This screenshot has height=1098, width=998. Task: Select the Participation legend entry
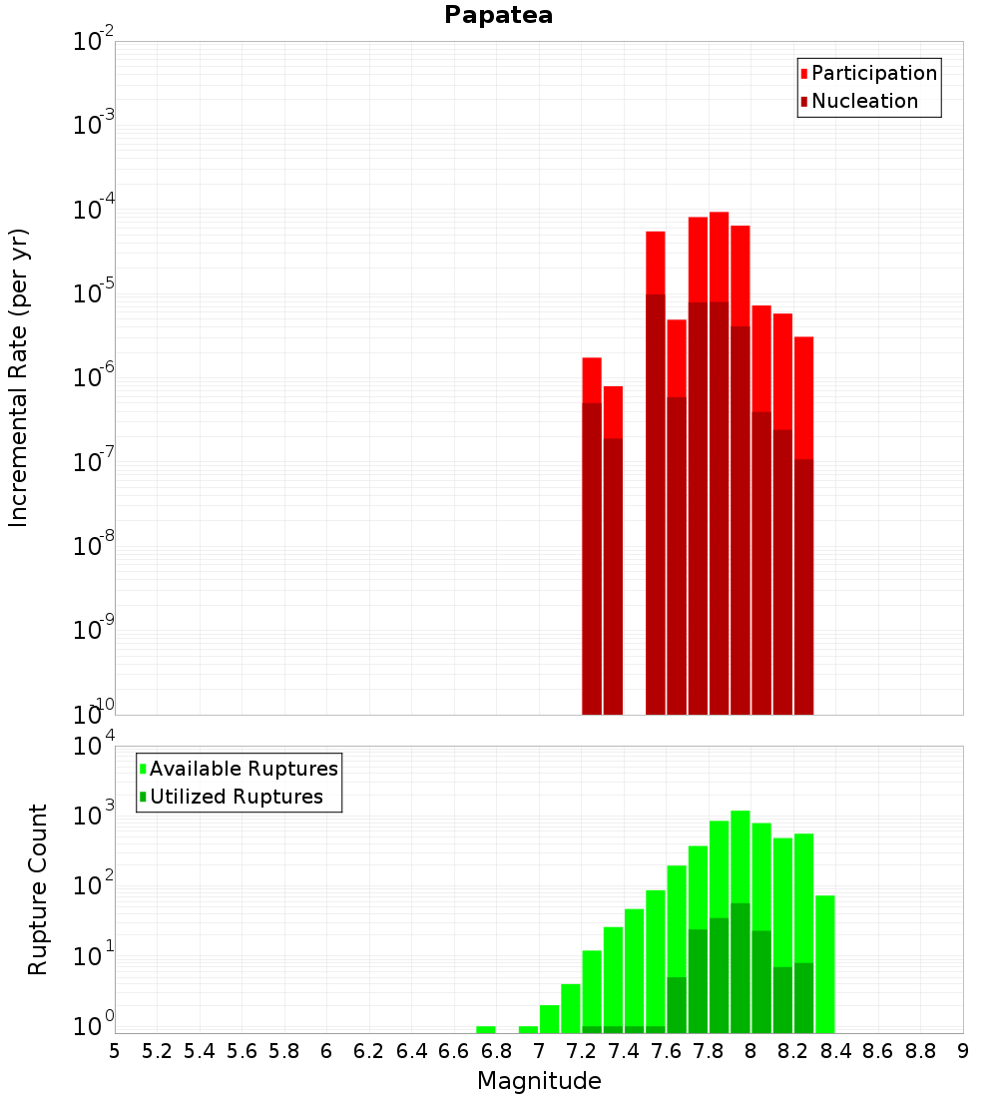point(873,73)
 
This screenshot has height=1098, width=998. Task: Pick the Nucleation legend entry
point(863,101)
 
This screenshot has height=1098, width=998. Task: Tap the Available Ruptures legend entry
point(243,769)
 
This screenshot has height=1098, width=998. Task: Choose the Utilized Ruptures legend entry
point(235,797)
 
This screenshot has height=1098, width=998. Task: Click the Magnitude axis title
point(539,1081)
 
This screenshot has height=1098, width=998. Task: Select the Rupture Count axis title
point(38,888)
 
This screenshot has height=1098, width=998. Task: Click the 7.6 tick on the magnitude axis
point(667,1051)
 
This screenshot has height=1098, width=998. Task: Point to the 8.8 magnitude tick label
point(920,1051)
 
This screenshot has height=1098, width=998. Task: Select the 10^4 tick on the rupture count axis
point(94,747)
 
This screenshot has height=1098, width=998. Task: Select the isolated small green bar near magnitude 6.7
point(486,1029)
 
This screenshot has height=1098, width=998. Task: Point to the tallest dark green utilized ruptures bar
point(740,968)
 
